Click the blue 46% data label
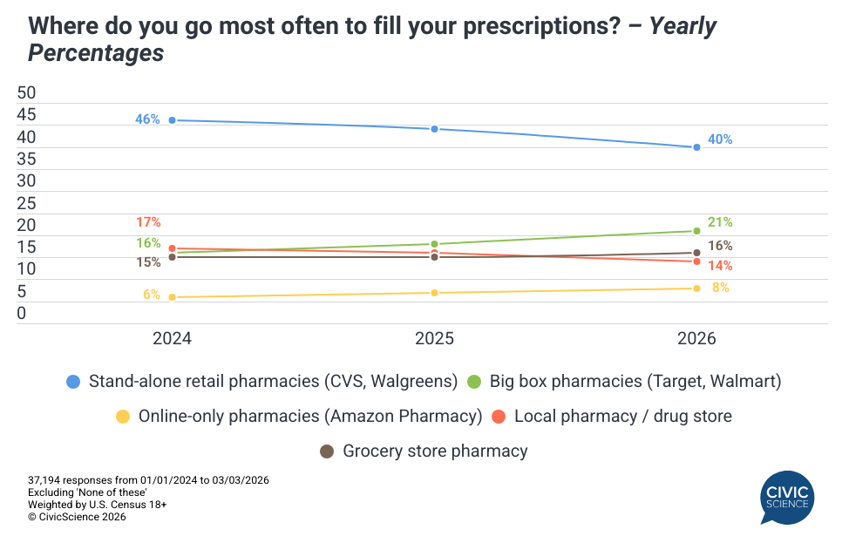click(147, 119)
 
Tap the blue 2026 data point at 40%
click(696, 147)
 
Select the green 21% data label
click(720, 222)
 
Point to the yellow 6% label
click(152, 295)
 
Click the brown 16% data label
click(720, 246)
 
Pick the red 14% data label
click(720, 266)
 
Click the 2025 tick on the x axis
click(434, 338)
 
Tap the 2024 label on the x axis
click(172, 338)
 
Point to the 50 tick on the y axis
click(27, 92)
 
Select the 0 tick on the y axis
click(23, 314)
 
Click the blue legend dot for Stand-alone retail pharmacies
click(73, 381)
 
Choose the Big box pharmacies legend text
click(635, 381)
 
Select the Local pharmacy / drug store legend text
click(622, 416)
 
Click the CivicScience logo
click(787, 497)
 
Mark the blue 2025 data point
click(434, 129)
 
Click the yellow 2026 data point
click(696, 288)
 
